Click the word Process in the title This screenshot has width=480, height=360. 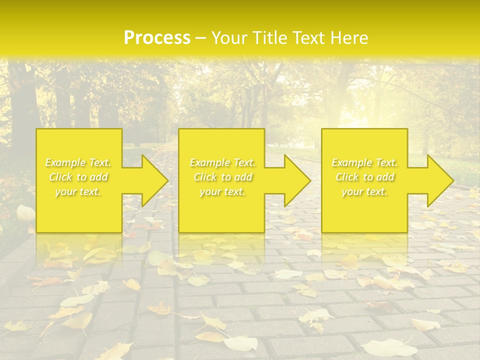point(157,38)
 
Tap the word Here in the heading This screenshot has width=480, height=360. point(349,38)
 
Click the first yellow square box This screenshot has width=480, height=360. point(79,210)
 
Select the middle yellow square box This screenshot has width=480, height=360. point(221,210)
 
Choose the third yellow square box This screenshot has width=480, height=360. point(364,210)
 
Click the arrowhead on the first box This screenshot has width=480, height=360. point(153,180)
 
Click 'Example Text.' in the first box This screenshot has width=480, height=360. point(78,162)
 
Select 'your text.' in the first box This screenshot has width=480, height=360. point(78,191)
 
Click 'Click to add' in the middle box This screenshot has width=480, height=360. point(222,177)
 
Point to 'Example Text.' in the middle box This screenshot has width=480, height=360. point(222,162)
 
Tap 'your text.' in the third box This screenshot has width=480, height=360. point(364,191)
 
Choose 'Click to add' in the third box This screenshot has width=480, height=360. point(364,177)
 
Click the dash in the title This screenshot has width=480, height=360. point(201,38)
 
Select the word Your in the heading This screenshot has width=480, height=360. point(228,38)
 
